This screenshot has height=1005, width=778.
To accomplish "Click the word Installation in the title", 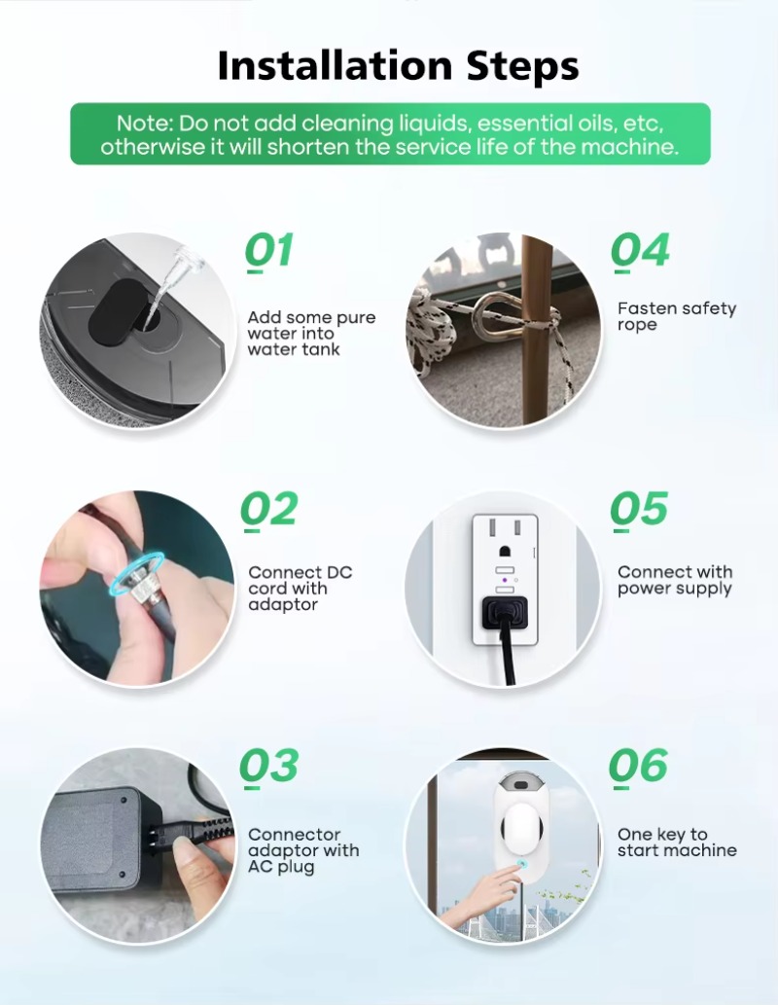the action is click(335, 65).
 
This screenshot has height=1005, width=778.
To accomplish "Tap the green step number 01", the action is click(269, 251).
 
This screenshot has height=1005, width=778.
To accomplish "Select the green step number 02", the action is click(269, 510).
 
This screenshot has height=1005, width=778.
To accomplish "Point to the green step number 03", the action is click(269, 766).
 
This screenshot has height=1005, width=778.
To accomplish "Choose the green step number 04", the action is click(640, 251).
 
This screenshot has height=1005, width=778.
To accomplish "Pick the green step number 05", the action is click(639, 509).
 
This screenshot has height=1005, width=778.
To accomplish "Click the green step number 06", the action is click(638, 766).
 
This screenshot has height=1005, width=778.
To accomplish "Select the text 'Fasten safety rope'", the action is click(677, 316).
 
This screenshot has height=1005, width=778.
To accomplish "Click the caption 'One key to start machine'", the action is click(677, 843).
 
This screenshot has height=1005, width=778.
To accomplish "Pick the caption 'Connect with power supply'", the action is click(675, 580).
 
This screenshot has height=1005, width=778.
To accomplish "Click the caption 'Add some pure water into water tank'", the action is click(311, 334).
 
